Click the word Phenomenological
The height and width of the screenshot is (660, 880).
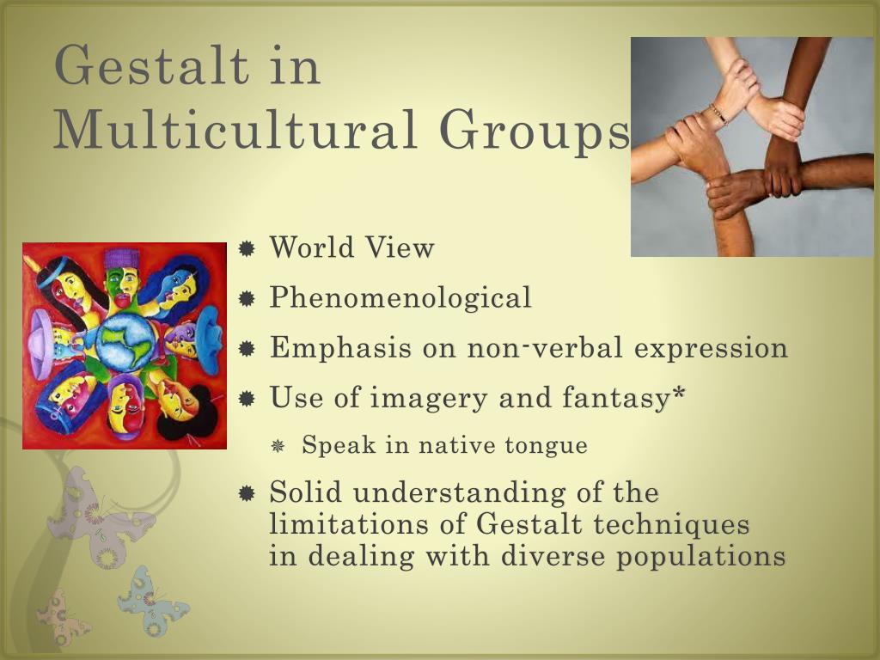(x=400, y=298)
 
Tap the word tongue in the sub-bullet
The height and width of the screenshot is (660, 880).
(x=547, y=445)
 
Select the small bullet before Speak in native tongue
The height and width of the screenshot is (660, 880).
(x=278, y=446)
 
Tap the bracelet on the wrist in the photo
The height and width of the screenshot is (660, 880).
(x=718, y=113)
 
